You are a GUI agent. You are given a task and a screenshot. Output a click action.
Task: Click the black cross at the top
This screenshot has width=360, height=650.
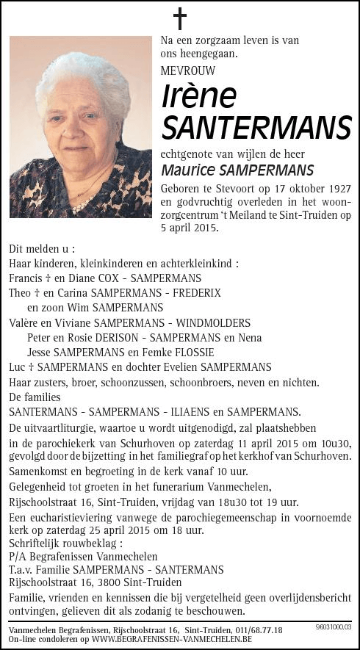[179, 18]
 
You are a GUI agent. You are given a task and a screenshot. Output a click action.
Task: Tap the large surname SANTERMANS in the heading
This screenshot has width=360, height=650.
[256, 128]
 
